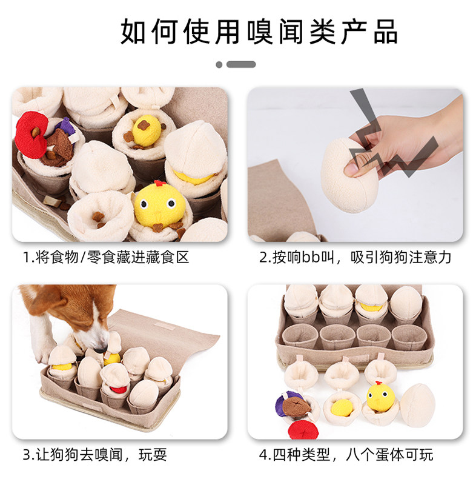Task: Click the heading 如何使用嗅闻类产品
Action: (259, 32)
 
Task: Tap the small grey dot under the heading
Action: (219, 64)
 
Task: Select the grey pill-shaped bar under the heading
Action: (241, 64)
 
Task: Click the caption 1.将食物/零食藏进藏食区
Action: (106, 257)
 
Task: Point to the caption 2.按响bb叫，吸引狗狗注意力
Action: (355, 257)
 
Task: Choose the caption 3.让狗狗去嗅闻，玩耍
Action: (95, 455)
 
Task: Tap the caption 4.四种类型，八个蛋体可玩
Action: (346, 455)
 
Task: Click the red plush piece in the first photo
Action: (30, 135)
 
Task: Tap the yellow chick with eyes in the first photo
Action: (160, 204)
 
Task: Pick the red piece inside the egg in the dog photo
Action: (117, 389)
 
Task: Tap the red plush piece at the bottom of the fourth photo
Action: (303, 430)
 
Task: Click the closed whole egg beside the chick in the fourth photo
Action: (417, 406)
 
